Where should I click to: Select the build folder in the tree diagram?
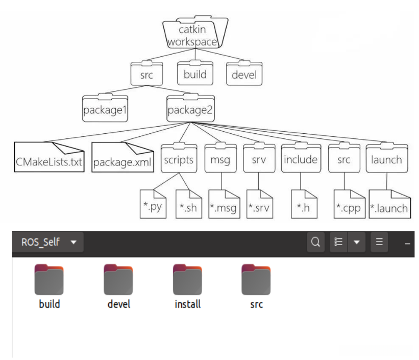pos(195,75)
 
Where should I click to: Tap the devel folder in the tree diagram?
pos(244,75)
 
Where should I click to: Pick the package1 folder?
pos(104,109)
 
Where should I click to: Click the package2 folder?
pos(190,109)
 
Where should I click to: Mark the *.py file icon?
pos(154,205)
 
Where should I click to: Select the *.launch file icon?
pos(389,205)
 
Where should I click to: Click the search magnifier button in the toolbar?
pos(316,242)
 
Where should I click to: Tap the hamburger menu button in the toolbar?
pos(379,242)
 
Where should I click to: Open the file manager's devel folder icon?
pos(118,282)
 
